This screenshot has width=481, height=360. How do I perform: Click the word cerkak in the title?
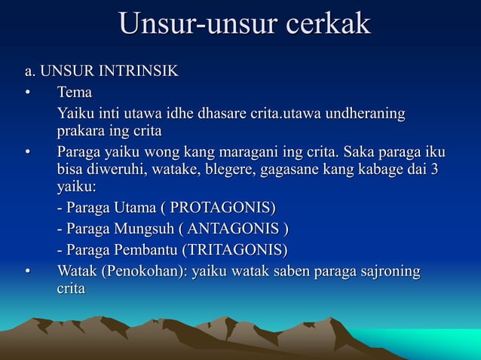(326, 24)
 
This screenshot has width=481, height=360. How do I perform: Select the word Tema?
(75, 93)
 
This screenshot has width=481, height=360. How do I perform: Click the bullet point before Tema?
(27, 93)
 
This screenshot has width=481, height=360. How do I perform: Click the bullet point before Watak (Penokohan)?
(27, 271)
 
